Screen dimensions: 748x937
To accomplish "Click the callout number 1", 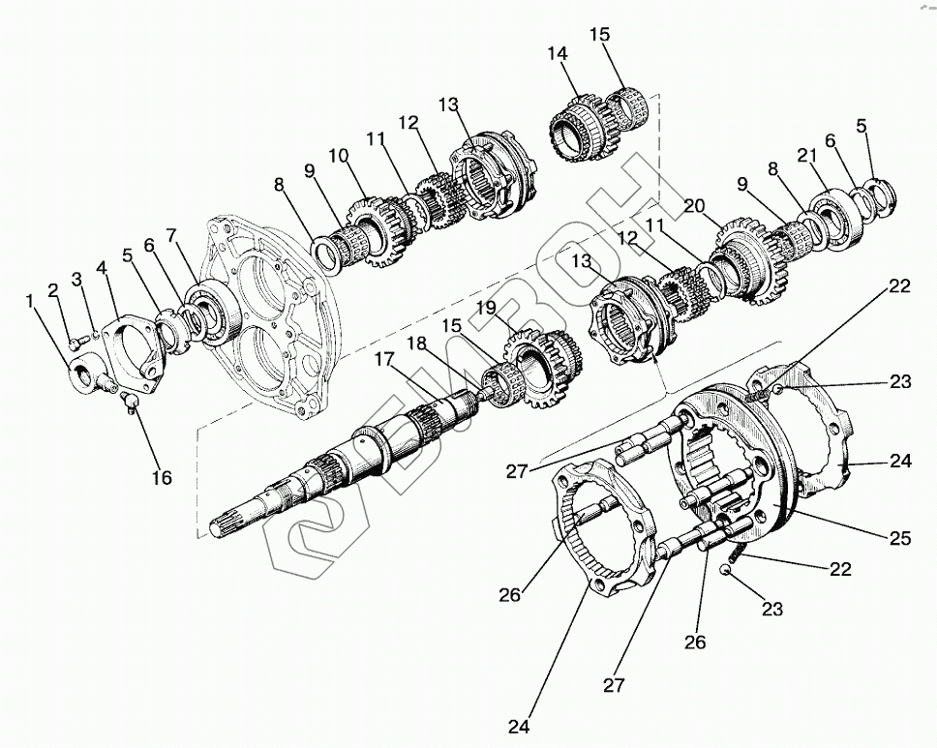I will pyautogui.click(x=32, y=303).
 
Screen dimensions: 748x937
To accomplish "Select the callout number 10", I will pyautogui.click(x=338, y=157).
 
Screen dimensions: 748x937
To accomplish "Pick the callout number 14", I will pyautogui.click(x=557, y=55).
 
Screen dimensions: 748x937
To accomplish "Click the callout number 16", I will pyautogui.click(x=161, y=477).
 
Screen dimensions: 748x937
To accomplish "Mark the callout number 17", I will pyautogui.click(x=384, y=359).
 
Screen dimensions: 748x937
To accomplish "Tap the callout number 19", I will pyautogui.click(x=485, y=309).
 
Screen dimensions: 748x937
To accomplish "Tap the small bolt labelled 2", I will pyautogui.click(x=76, y=342).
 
